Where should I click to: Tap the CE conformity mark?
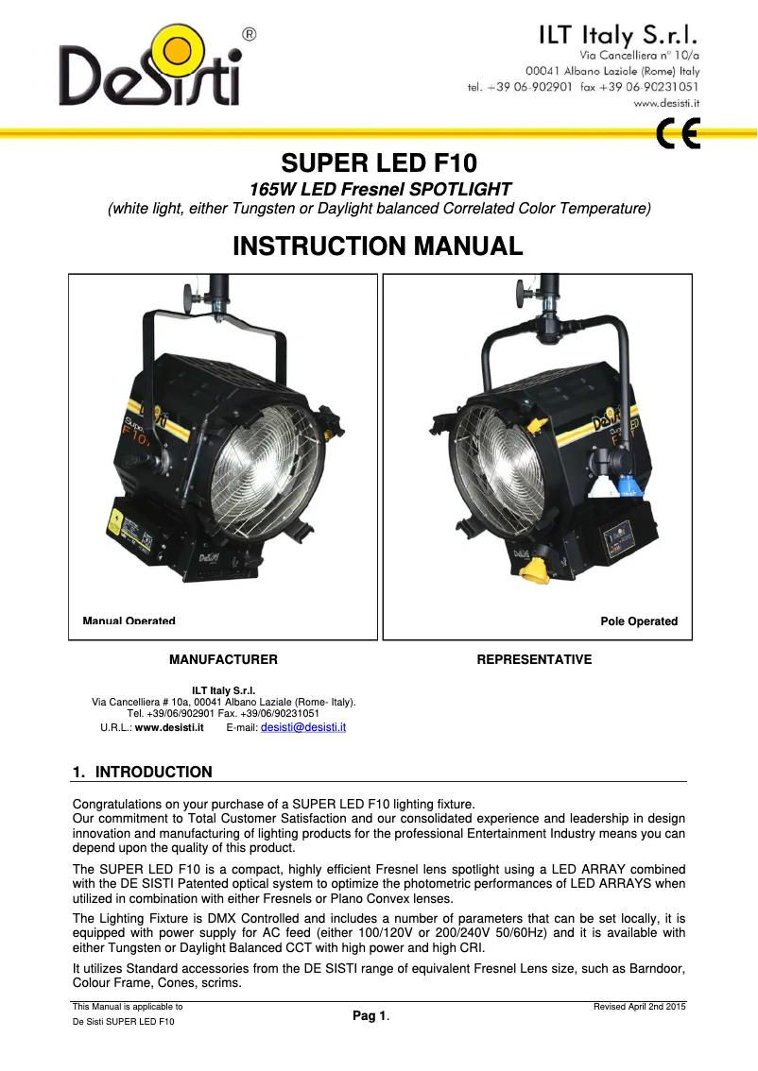tap(678, 136)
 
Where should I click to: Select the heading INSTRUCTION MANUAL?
tap(378, 246)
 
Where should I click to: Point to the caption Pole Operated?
tap(639, 621)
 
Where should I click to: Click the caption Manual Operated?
tap(129, 621)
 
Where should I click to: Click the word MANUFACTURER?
tap(223, 659)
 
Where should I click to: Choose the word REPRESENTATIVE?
tap(535, 659)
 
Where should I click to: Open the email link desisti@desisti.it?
tap(302, 727)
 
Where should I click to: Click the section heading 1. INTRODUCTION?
tap(143, 773)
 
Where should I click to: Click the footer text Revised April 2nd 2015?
tap(639, 1007)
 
